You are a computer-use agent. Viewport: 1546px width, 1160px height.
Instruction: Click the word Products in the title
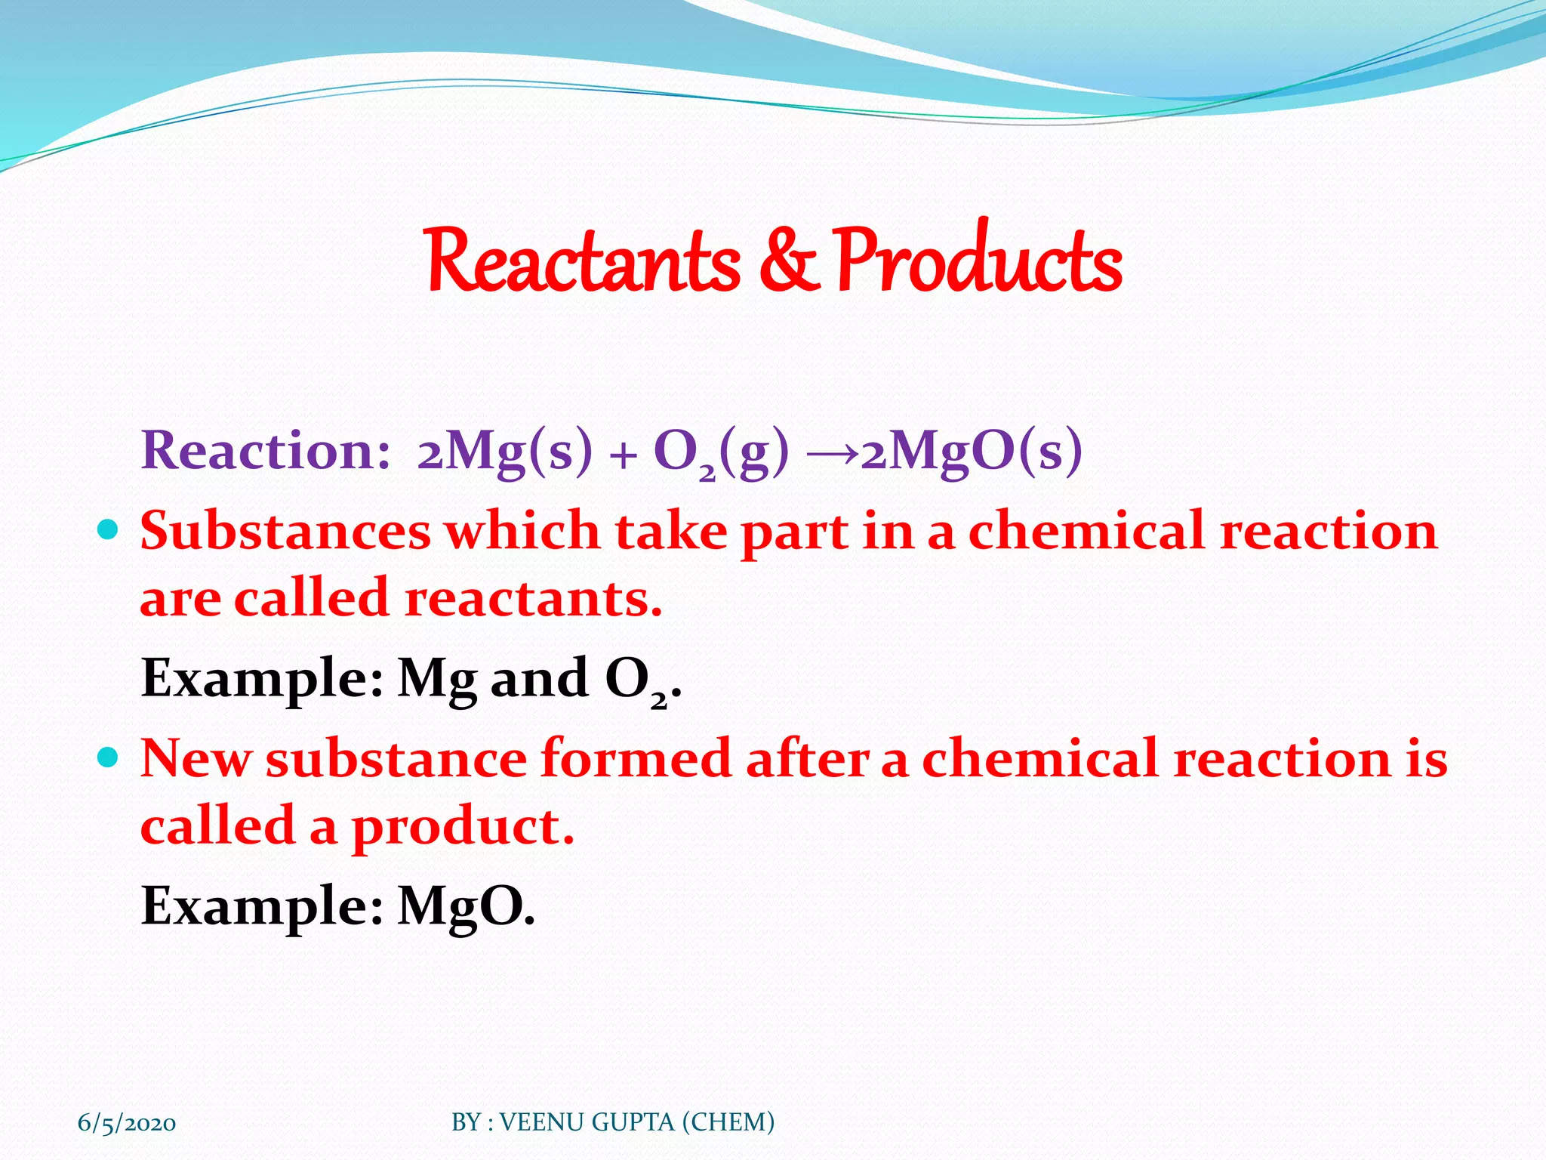979,261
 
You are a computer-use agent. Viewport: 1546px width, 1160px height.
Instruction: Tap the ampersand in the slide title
788,261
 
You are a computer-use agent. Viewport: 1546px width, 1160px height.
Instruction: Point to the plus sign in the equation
623,456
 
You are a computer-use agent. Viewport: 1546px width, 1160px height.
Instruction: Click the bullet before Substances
109,529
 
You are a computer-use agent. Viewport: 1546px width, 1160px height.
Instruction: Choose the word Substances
285,531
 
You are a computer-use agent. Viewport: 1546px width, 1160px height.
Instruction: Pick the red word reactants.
533,599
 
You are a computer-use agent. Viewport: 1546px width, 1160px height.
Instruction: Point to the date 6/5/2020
127,1123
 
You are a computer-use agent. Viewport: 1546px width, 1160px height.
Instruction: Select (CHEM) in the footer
728,1122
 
